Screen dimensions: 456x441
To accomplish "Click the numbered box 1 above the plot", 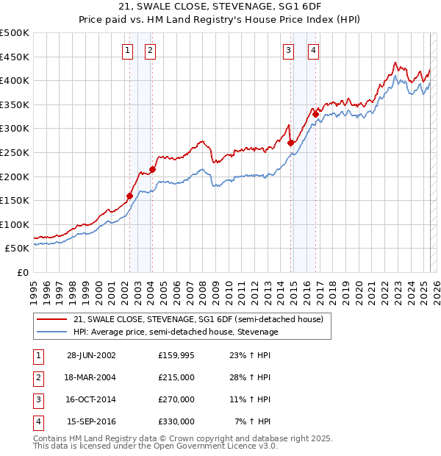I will coord(128,50).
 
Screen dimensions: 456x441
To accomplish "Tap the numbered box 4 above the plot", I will coord(313,50).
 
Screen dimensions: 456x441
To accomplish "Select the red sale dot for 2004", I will coord(152,170).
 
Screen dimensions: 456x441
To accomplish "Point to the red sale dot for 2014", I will coord(290,143).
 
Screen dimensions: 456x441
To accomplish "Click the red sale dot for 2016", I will coord(315,114).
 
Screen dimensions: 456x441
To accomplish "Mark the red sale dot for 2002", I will coord(130,196).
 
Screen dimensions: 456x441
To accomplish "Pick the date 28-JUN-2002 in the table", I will coord(91,355).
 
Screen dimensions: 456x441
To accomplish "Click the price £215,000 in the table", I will coord(176,377).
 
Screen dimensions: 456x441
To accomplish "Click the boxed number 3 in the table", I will coord(37,399).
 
